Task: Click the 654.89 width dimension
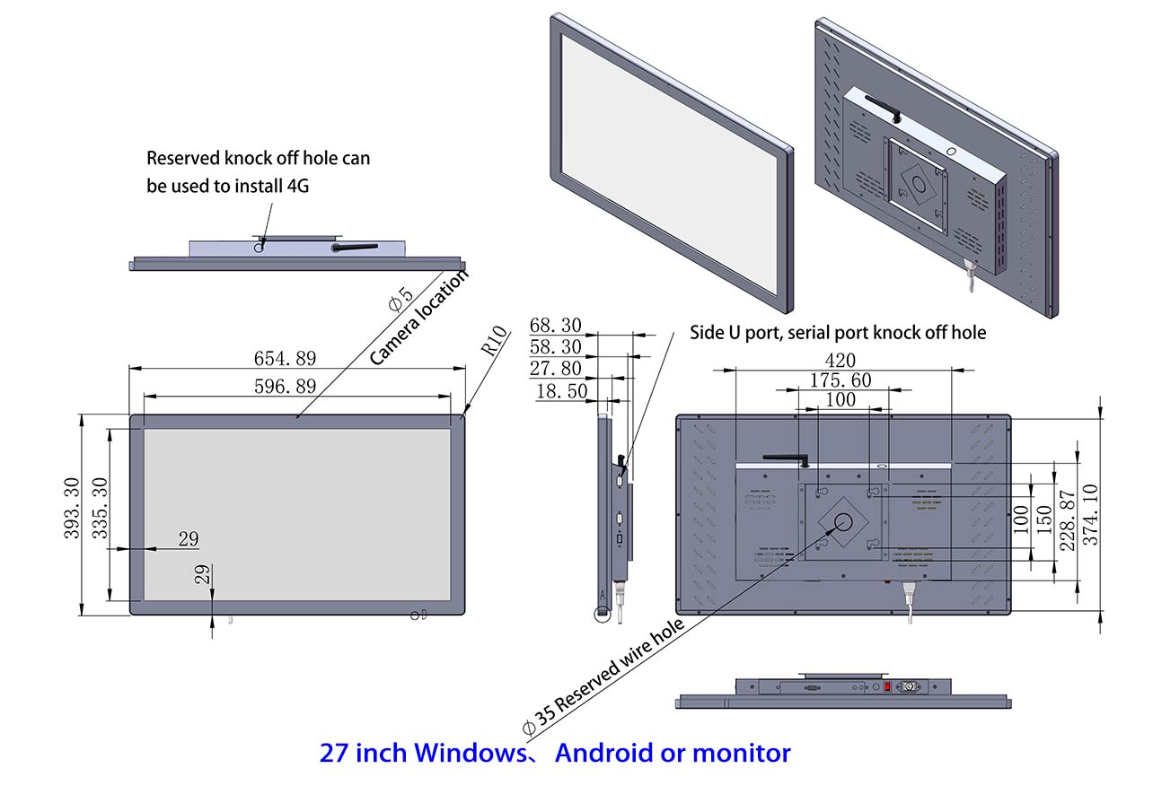[x=286, y=359]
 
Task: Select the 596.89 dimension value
[x=286, y=387]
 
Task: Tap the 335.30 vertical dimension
[x=101, y=508]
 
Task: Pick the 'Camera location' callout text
[x=420, y=318]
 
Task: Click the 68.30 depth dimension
[x=555, y=326]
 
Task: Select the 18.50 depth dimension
[x=561, y=392]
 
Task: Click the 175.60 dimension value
[x=840, y=380]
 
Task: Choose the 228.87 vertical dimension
[x=1067, y=520]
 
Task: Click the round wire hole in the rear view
[x=844, y=522]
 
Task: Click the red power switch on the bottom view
[x=888, y=687]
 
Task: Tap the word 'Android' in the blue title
[x=603, y=753]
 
